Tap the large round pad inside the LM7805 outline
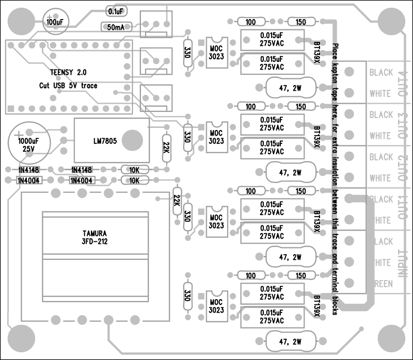coord(134,139)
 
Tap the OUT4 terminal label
coord(403,83)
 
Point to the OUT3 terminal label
coord(403,125)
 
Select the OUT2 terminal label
coord(403,168)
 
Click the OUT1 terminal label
coord(403,210)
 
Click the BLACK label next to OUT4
coord(381,73)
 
